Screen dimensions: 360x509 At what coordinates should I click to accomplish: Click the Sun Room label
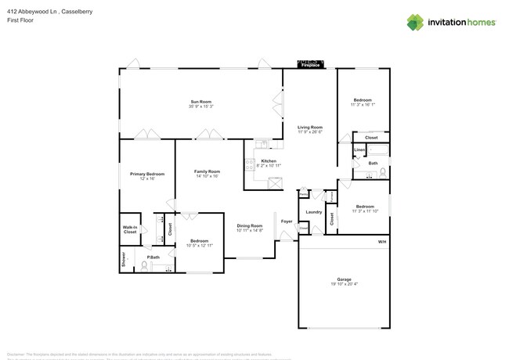click(200, 102)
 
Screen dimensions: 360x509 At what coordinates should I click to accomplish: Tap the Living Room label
click(309, 127)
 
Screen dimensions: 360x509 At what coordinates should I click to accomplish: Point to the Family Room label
click(207, 171)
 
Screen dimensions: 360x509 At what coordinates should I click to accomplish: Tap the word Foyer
click(287, 221)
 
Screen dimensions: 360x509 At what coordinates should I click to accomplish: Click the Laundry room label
click(314, 212)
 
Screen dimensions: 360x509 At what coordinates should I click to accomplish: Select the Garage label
click(345, 279)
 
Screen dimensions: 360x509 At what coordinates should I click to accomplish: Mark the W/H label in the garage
click(382, 242)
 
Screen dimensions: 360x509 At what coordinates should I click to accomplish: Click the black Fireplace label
click(310, 65)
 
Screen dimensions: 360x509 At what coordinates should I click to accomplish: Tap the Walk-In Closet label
click(130, 229)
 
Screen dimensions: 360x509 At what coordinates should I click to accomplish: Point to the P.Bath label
click(153, 257)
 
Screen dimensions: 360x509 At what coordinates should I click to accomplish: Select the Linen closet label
click(359, 150)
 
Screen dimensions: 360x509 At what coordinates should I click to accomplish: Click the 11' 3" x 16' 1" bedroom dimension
click(363, 105)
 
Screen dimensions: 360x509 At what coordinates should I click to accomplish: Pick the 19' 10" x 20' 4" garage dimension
click(345, 284)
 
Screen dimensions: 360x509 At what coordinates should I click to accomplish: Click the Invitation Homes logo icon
click(416, 23)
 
